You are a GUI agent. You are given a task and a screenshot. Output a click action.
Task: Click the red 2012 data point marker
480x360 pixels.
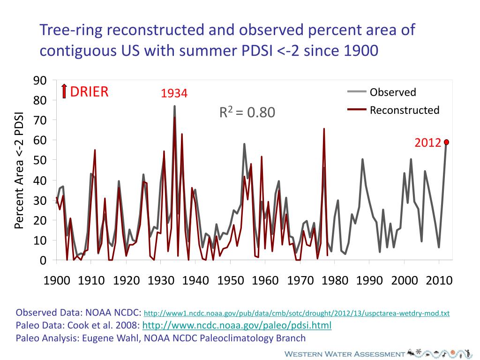click(x=447, y=142)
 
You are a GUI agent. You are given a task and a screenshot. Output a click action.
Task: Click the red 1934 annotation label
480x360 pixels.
click(x=174, y=94)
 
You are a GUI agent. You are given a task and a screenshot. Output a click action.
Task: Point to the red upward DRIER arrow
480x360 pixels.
click(x=64, y=91)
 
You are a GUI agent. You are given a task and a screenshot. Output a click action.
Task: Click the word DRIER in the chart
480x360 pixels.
click(x=89, y=91)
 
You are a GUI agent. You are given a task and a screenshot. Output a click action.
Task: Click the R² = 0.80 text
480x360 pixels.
click(x=247, y=112)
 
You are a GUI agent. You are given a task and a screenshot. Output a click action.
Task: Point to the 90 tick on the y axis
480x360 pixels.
click(x=40, y=81)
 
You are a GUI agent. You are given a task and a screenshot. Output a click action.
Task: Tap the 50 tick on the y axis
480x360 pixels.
click(x=40, y=160)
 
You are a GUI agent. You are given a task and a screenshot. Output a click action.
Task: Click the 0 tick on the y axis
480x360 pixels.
click(x=43, y=260)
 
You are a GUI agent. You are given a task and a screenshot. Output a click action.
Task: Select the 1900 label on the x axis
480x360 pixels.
click(x=57, y=281)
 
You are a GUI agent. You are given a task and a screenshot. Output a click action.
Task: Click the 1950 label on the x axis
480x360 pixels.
click(x=231, y=281)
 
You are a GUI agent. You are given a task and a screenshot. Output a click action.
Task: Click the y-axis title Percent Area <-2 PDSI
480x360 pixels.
click(x=19, y=171)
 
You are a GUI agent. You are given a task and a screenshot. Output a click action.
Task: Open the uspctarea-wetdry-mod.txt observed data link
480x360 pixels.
click(x=296, y=313)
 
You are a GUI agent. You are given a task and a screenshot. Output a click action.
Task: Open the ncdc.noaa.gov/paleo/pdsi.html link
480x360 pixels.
click(x=237, y=325)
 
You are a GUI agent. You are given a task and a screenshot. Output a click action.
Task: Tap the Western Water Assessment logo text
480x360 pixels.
click(x=345, y=354)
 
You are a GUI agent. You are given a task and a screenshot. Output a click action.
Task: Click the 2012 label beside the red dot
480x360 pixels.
click(x=427, y=142)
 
